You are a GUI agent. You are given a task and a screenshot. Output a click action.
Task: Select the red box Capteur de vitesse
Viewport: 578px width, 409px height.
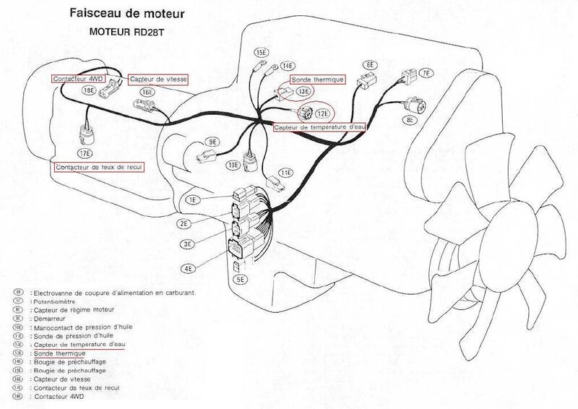(156, 79)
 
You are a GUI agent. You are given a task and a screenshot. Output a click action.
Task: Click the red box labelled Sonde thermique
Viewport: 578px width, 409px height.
(316, 77)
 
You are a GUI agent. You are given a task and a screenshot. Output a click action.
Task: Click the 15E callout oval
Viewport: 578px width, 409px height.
(261, 53)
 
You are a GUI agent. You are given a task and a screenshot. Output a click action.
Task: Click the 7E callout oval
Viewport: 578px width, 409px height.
(426, 74)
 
